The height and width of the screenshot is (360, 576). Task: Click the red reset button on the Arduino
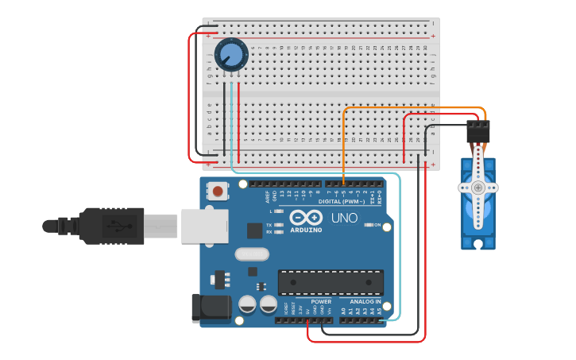coord(217,191)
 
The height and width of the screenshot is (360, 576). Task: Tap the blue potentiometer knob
coord(231,55)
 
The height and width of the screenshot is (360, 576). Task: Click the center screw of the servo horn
coord(478,188)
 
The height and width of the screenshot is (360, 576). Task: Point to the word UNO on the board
coord(344,218)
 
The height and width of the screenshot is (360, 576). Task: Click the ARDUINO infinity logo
coord(306,218)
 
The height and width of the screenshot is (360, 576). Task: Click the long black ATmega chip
coord(330,282)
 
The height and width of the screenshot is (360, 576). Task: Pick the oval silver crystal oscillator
coord(253,255)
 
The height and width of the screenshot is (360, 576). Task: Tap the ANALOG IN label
coord(366,302)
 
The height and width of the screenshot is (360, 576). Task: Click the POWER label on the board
coord(321,302)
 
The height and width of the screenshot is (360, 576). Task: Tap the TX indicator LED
coord(279,226)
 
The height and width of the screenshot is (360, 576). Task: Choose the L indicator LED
coord(279,211)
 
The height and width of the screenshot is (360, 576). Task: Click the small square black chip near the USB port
coord(254,231)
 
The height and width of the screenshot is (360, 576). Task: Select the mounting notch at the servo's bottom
coord(478,245)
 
